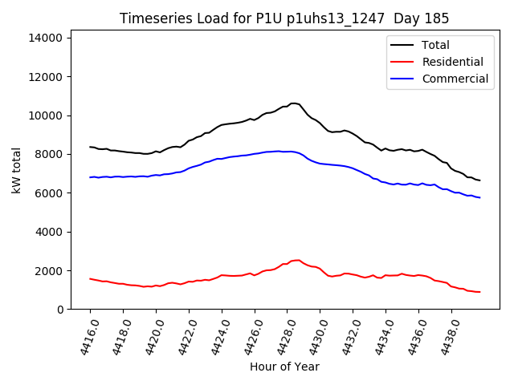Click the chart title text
pyautogui.click(x=284, y=18)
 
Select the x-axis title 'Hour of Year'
pyautogui.click(x=284, y=367)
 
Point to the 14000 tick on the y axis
pyautogui.click(x=47, y=38)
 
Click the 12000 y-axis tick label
pyautogui.click(x=47, y=77)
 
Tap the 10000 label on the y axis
pyautogui.click(x=47, y=115)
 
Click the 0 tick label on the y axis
pyautogui.click(x=60, y=310)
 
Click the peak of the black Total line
pyautogui.click(x=294, y=103)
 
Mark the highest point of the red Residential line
pyautogui.click(x=297, y=260)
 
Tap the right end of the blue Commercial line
pyautogui.click(x=479, y=197)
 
